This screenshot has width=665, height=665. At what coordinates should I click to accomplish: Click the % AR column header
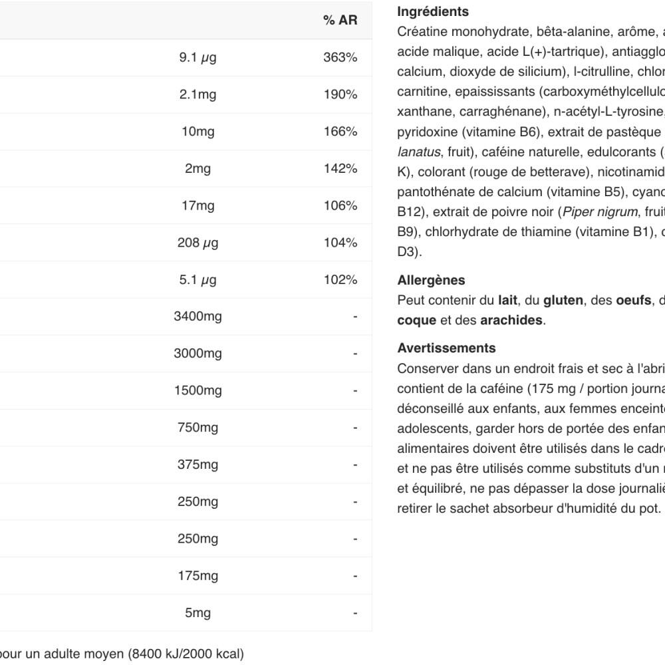click(x=340, y=21)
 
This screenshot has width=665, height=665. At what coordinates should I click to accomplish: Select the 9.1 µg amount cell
click(x=198, y=58)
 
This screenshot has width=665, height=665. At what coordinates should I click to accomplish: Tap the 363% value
click(x=340, y=58)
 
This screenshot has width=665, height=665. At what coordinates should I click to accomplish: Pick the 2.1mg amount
click(x=198, y=94)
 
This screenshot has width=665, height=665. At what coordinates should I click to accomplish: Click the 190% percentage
click(x=340, y=94)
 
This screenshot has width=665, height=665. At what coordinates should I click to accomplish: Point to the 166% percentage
click(x=340, y=132)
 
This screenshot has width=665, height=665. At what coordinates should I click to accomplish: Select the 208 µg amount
click(x=198, y=243)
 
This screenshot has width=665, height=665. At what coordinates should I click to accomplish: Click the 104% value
click(x=340, y=243)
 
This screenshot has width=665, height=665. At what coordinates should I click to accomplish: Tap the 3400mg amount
click(x=198, y=317)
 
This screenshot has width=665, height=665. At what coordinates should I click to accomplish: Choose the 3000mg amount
click(x=198, y=354)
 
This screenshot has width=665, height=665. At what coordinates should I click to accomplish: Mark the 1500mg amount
click(x=198, y=390)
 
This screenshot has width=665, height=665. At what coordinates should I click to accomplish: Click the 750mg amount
click(x=198, y=428)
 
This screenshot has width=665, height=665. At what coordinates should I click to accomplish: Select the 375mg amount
click(x=198, y=465)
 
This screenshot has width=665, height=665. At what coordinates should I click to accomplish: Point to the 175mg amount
click(x=198, y=575)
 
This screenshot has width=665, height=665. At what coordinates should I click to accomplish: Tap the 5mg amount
click(x=198, y=612)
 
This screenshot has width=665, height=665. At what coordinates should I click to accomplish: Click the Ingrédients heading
click(x=432, y=12)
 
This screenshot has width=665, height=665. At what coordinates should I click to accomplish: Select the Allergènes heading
click(x=431, y=281)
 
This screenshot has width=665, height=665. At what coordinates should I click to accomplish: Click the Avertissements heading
click(x=446, y=348)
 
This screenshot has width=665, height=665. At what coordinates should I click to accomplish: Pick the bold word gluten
click(x=562, y=301)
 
